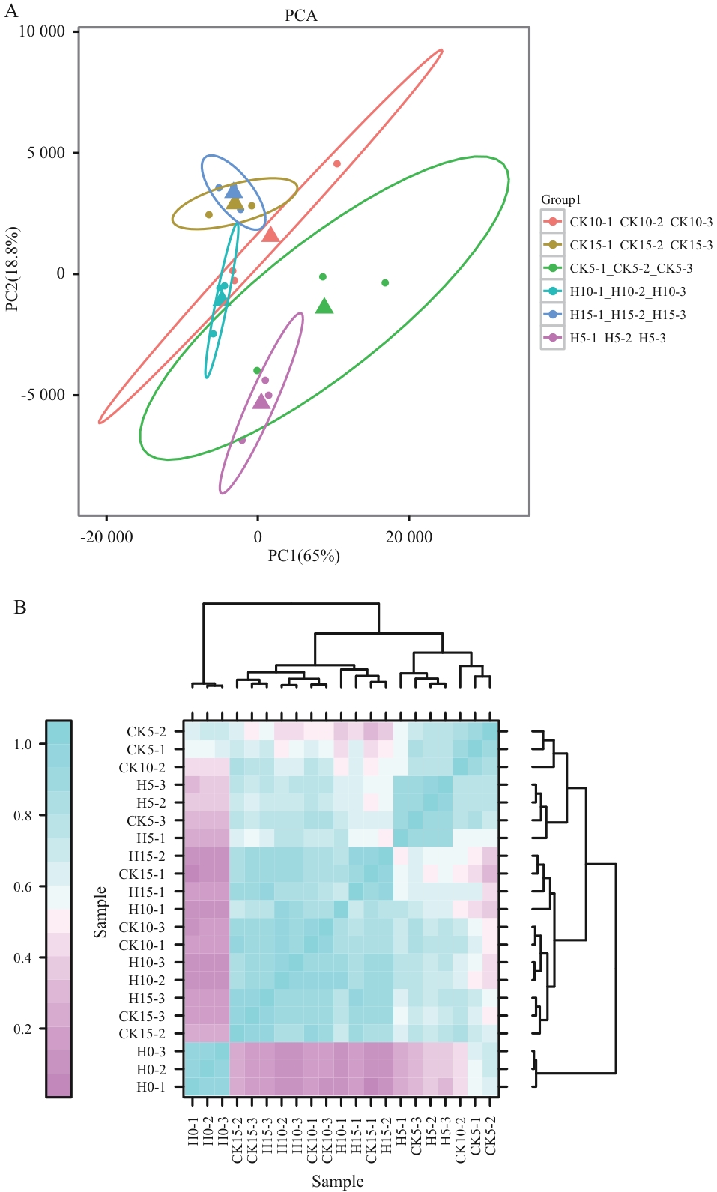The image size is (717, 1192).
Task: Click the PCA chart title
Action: point(300,16)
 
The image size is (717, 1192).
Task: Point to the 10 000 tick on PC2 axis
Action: point(42,31)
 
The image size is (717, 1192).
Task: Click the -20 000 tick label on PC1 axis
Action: point(106,536)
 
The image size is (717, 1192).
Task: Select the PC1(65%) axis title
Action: point(303,556)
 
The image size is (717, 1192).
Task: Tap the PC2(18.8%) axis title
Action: point(13,269)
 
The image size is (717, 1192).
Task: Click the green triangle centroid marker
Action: point(324,306)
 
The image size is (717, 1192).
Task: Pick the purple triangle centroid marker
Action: point(261,402)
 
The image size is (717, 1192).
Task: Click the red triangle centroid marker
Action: point(270,235)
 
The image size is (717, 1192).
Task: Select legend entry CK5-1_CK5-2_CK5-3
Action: point(630,268)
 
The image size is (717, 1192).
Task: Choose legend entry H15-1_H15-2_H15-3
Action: point(627,315)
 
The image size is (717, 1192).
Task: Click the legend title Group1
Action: point(561,199)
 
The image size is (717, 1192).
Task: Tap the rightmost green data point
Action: point(385,282)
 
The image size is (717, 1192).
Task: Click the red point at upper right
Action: point(337,164)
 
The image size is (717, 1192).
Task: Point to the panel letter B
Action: point(20,608)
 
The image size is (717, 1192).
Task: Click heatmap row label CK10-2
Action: point(142,767)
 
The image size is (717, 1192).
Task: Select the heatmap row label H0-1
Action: point(151,1087)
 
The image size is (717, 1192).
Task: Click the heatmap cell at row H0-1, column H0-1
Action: point(192,1087)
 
